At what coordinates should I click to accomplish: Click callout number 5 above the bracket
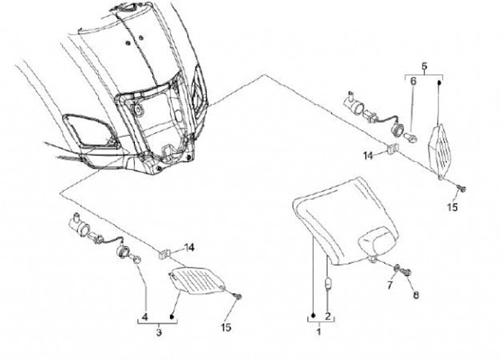click(x=424, y=67)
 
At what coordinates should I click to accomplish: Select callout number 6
click(x=413, y=81)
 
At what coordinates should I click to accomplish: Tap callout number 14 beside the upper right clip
click(x=368, y=156)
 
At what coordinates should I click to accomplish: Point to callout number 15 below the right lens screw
click(x=452, y=208)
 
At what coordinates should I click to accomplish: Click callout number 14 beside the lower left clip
click(x=189, y=247)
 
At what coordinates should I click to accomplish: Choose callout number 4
click(x=145, y=317)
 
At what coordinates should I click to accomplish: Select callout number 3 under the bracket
click(x=159, y=333)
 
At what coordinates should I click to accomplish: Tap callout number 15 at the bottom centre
click(x=225, y=327)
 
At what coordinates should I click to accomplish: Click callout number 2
click(x=328, y=317)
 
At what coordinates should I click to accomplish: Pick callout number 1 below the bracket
click(x=319, y=331)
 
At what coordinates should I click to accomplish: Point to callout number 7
click(x=390, y=285)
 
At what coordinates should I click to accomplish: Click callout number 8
click(x=415, y=295)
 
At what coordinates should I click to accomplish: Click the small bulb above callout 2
click(x=328, y=283)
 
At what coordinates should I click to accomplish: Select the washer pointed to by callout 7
click(x=397, y=269)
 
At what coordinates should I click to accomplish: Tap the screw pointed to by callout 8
click(x=407, y=273)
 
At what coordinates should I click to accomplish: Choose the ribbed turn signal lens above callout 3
click(x=196, y=281)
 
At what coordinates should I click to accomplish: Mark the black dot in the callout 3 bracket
click(x=173, y=317)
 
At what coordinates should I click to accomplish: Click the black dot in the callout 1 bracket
click(x=313, y=315)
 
